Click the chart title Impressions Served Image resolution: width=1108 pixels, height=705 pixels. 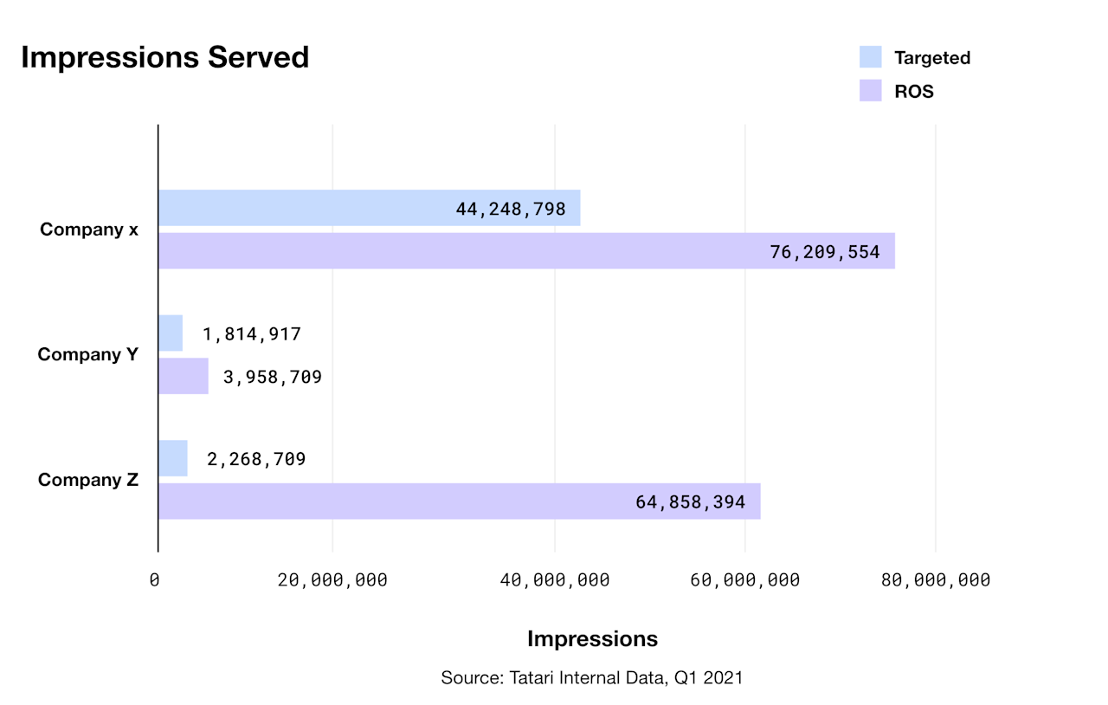[164, 57]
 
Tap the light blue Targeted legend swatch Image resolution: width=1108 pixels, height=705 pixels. [870, 57]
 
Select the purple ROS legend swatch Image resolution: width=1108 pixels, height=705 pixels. [870, 91]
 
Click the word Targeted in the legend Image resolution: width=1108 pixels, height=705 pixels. [931, 58]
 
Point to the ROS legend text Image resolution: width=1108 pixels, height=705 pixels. [913, 92]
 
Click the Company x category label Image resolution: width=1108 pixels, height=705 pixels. [89, 230]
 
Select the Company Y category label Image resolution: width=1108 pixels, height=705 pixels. [88, 355]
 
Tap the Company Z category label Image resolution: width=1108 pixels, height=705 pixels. [88, 480]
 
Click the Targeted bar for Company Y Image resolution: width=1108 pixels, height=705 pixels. [171, 333]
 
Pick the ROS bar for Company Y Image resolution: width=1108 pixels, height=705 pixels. [184, 376]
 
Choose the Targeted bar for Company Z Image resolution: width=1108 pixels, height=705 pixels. [173, 458]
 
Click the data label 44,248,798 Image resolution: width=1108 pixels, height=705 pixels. [510, 209]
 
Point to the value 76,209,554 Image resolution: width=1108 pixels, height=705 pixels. [824, 252]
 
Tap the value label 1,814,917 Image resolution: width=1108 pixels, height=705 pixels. [252, 334]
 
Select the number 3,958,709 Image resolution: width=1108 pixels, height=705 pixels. [272, 377]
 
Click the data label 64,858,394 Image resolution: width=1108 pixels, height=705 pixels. [690, 501]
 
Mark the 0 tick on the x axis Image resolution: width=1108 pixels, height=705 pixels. [154, 580]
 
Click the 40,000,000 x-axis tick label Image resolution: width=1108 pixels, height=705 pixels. [555, 580]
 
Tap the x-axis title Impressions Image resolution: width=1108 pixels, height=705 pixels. [592, 639]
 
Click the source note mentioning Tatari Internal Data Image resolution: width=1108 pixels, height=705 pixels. [591, 677]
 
